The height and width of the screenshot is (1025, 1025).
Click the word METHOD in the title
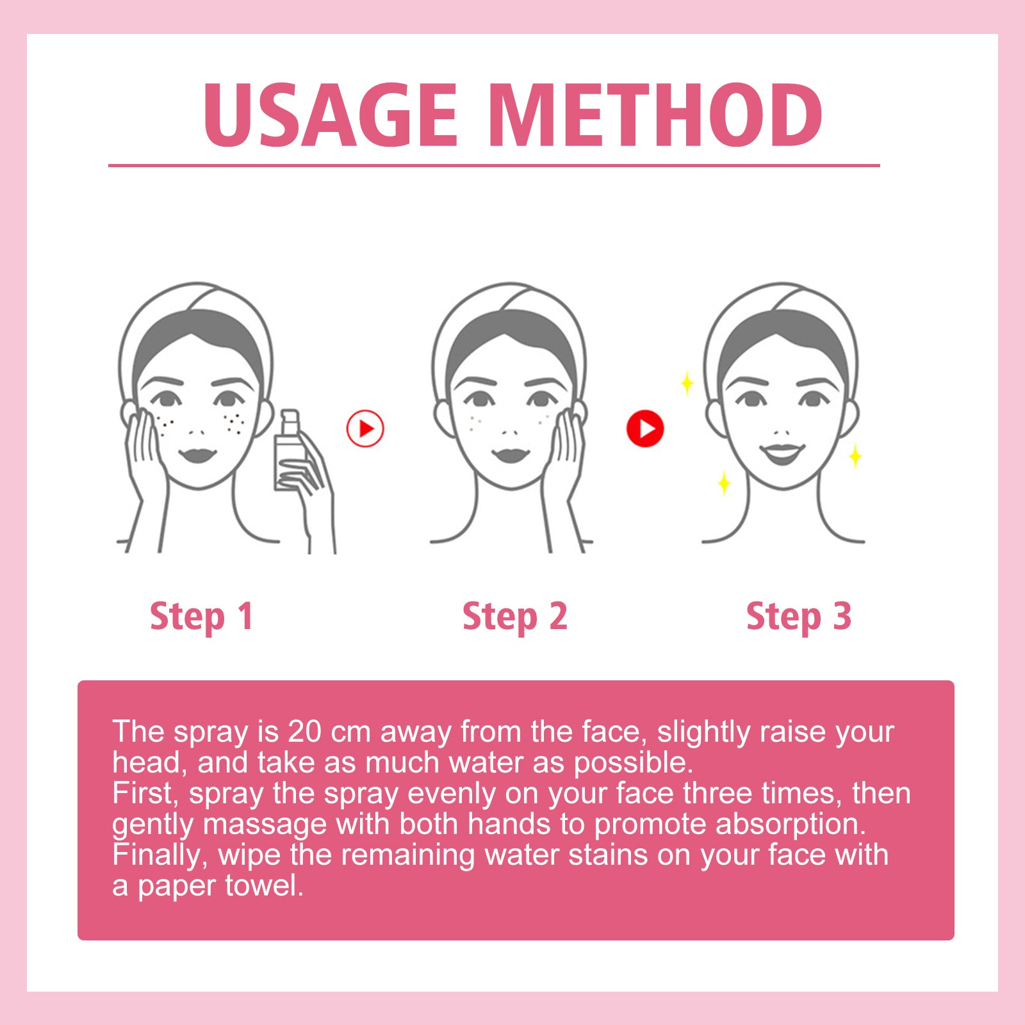click(658, 115)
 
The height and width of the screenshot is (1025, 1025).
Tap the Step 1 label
click(201, 616)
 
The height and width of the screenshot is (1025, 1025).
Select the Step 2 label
click(514, 616)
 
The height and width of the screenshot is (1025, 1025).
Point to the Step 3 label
click(798, 616)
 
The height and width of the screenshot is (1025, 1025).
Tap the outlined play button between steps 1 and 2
click(365, 429)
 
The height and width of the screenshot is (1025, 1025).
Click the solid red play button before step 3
click(645, 429)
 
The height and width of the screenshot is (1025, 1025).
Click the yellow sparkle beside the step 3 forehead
click(687, 383)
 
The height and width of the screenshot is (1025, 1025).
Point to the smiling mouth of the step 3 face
click(782, 454)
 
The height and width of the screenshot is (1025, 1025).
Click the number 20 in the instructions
click(304, 732)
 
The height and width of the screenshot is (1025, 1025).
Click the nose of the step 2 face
click(511, 430)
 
